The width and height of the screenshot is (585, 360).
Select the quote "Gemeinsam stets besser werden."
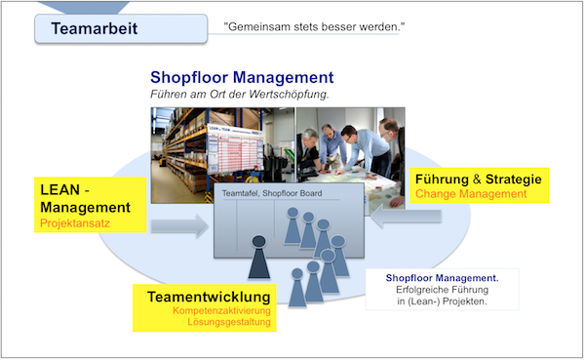tap(313, 26)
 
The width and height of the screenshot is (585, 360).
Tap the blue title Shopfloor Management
tap(242, 77)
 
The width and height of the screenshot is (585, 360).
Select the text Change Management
tap(471, 194)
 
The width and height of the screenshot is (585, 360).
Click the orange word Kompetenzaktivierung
tap(222, 311)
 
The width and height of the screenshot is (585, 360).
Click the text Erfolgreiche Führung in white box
tap(442, 290)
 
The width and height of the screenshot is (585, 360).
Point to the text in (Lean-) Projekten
tap(442, 301)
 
